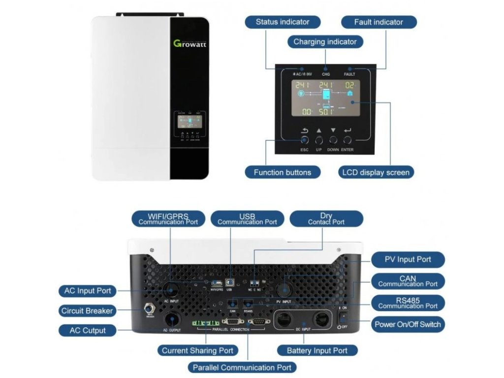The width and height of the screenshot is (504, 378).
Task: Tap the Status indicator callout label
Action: [x=283, y=22]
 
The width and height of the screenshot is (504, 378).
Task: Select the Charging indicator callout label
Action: [x=325, y=42]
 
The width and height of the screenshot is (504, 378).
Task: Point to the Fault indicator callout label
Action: [x=378, y=22]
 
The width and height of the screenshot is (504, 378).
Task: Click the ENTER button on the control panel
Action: [x=347, y=140]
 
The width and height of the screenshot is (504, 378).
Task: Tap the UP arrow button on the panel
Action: [x=319, y=140]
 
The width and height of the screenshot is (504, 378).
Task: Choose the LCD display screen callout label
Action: [x=375, y=172]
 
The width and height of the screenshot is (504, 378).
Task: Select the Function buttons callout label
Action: [x=283, y=172]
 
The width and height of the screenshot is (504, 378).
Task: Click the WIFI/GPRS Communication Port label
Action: [x=168, y=219]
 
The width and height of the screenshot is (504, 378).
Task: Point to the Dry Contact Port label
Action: [x=326, y=219]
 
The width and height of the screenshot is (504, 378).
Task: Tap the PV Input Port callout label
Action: [x=408, y=259]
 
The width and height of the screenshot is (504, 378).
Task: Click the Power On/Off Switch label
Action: [x=408, y=324]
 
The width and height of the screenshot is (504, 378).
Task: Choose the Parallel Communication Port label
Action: [x=242, y=367]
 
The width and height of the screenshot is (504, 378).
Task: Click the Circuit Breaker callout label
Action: [x=87, y=311]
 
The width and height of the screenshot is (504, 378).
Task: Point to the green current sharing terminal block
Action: [x=205, y=323]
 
